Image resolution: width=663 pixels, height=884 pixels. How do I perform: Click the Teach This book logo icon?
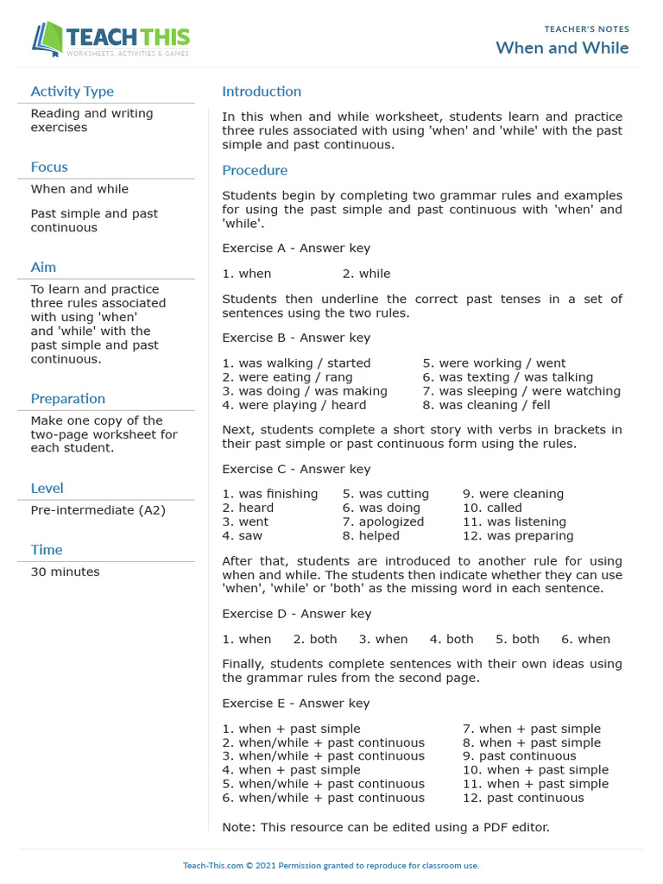(x=48, y=40)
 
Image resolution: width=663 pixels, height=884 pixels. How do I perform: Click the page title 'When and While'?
(x=562, y=47)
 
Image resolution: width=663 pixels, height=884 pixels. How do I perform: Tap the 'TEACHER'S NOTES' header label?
(x=586, y=29)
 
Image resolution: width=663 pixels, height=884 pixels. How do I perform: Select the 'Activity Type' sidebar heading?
(x=72, y=92)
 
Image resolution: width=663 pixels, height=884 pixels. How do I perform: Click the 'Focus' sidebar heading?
(x=49, y=167)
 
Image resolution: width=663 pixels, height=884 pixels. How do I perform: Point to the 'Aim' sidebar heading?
(x=43, y=268)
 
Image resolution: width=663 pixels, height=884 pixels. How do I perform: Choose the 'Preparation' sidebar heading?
(x=68, y=399)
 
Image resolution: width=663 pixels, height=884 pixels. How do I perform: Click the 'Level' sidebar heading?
(x=47, y=489)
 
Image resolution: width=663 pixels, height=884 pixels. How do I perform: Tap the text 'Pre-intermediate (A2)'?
(x=98, y=510)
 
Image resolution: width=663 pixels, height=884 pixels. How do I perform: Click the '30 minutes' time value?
(x=65, y=571)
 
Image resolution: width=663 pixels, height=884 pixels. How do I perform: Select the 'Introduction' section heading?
(x=262, y=92)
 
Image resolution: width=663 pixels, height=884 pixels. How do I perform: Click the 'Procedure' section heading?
(x=255, y=171)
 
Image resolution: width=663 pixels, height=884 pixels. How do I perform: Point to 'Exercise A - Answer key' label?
(x=296, y=249)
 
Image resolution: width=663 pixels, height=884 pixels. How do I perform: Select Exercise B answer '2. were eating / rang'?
(x=287, y=377)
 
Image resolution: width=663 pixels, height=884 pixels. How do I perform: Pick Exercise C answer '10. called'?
(x=492, y=508)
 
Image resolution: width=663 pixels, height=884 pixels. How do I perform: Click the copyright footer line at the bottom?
(x=331, y=866)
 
